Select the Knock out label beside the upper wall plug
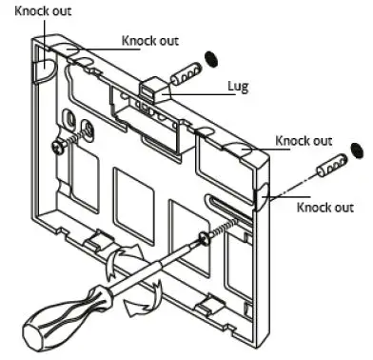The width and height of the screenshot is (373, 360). click(148, 42)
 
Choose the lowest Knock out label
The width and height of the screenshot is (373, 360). click(324, 207)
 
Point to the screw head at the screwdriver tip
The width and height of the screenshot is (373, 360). click(205, 241)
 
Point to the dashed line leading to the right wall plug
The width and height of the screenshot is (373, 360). click(297, 180)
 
